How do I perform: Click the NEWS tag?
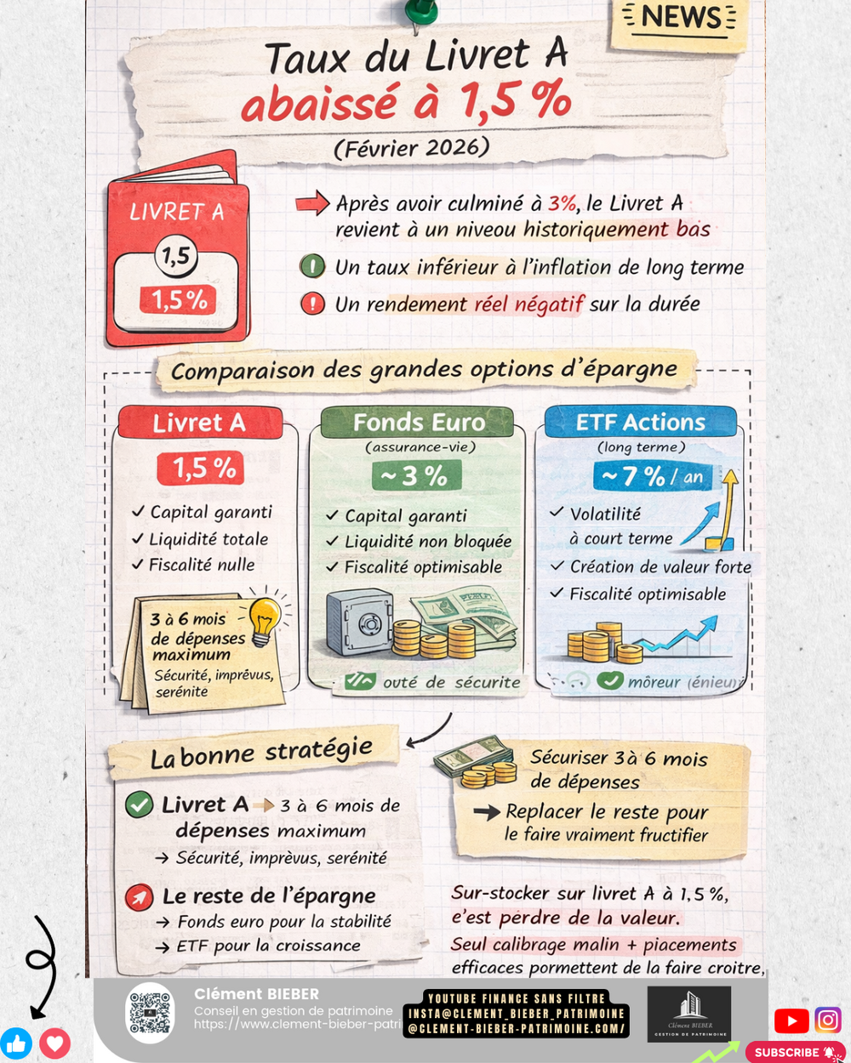(x=680, y=18)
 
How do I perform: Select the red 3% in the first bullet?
(x=562, y=203)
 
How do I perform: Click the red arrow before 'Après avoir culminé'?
(x=312, y=203)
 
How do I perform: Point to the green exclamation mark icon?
(x=312, y=267)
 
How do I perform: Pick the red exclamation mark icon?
(x=312, y=304)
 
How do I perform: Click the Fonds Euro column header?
(x=418, y=423)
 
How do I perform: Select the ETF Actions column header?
(x=640, y=423)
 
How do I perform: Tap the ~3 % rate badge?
(x=416, y=476)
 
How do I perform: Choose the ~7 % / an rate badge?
(x=654, y=476)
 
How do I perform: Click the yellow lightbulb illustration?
(x=265, y=615)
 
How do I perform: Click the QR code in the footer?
(x=150, y=1012)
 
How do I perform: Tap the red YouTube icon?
(x=791, y=1020)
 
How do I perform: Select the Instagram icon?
(x=828, y=1020)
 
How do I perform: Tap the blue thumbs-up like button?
(x=15, y=1043)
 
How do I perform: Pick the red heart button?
(x=54, y=1043)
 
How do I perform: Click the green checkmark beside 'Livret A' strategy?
(x=139, y=804)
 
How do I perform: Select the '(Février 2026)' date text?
(x=412, y=147)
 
